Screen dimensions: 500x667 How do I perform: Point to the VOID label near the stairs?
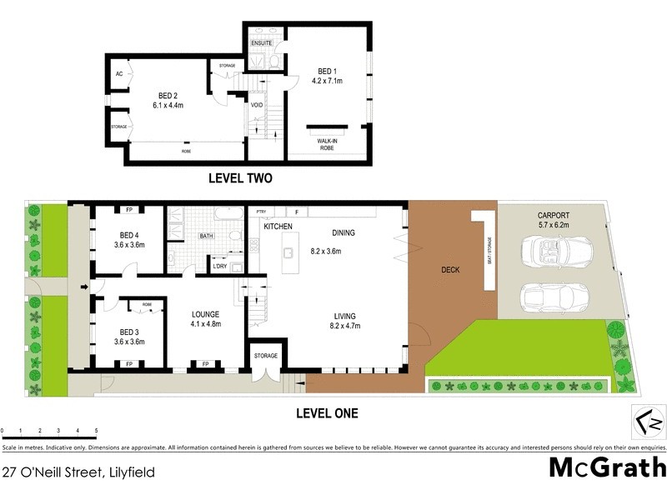pyautogui.click(x=258, y=104)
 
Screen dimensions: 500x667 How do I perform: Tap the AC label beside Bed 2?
pyautogui.click(x=119, y=73)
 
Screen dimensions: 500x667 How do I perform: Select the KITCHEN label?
pyautogui.click(x=277, y=227)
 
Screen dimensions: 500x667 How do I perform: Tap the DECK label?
pyautogui.click(x=449, y=270)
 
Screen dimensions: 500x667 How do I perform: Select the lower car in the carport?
pyautogui.click(x=550, y=297)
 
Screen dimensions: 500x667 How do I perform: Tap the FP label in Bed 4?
pyautogui.click(x=129, y=210)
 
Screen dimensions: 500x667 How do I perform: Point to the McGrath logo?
pyautogui.click(x=607, y=467)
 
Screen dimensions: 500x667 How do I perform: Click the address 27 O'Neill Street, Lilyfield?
pyautogui.click(x=78, y=472)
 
